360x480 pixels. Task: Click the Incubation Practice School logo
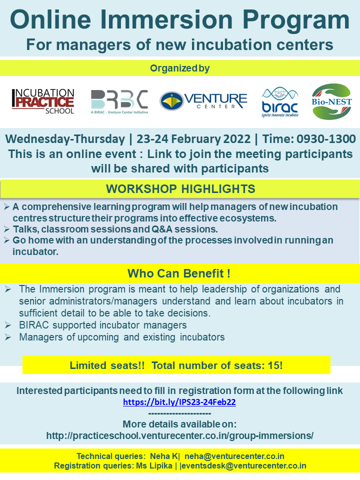(43, 101)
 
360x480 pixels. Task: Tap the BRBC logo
(119, 102)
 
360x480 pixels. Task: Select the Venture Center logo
(203, 100)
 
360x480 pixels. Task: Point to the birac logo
(280, 102)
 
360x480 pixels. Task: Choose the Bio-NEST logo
(331, 101)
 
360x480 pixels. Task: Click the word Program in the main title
(296, 19)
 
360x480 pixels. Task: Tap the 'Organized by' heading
(179, 68)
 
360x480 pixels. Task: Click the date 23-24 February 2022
(193, 139)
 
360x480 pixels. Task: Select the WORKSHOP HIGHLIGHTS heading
(180, 189)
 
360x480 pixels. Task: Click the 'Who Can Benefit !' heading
(179, 273)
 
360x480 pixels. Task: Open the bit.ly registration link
(179, 402)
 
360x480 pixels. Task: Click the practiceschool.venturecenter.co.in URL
(179, 435)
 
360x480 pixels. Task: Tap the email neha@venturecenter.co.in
(234, 456)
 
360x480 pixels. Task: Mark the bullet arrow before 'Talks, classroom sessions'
(6, 229)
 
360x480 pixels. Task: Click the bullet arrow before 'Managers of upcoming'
(8, 337)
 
